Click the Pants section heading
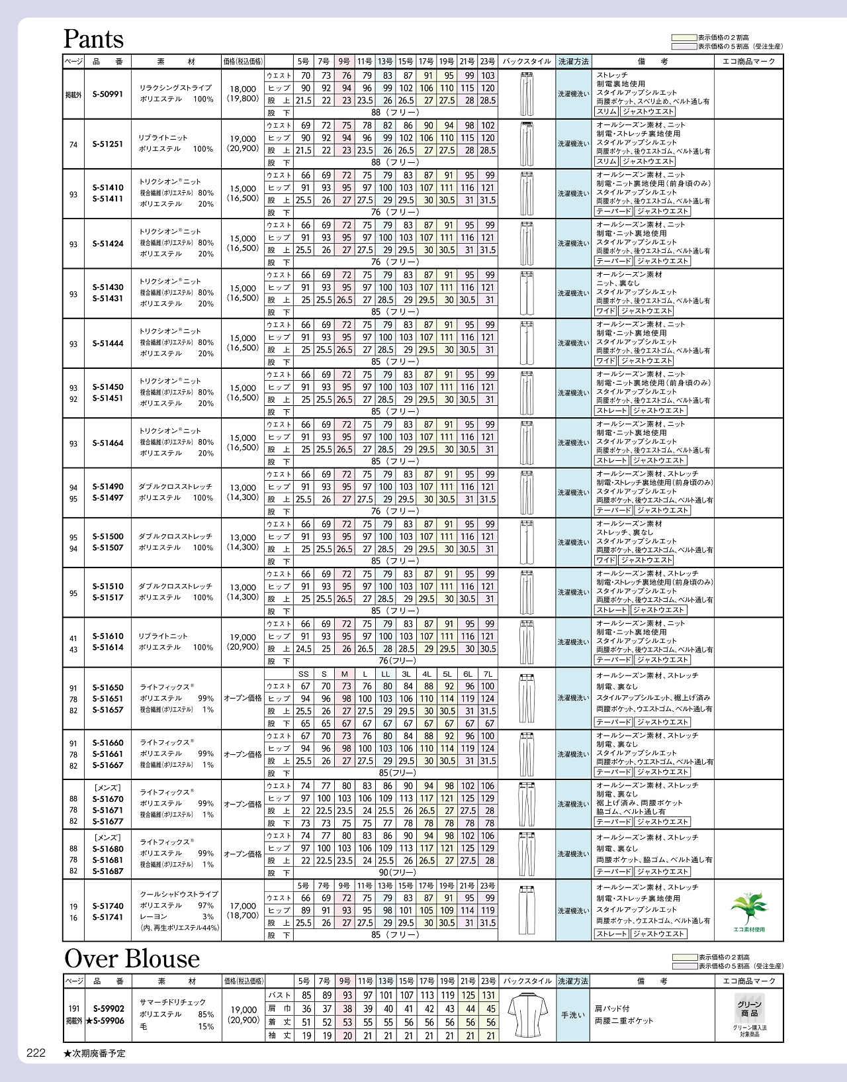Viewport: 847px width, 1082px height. click(x=93, y=39)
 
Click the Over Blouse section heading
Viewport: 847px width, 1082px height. click(x=132, y=958)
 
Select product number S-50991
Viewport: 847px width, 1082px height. click(x=108, y=94)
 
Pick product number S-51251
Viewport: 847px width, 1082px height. click(x=108, y=144)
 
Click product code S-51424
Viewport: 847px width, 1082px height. click(x=108, y=244)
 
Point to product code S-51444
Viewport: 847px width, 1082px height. click(x=108, y=344)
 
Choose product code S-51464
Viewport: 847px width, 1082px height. click(x=108, y=443)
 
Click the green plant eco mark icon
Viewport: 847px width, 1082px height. click(x=748, y=908)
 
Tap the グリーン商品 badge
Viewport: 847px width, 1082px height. click(x=749, y=1009)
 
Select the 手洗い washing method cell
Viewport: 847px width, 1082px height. click(x=573, y=1015)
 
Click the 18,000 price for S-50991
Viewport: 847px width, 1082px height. click(x=243, y=89)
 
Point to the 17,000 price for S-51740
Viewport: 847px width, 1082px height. click(x=243, y=906)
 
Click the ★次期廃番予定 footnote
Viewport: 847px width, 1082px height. click(x=95, y=1053)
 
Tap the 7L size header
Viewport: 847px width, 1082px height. click(x=488, y=674)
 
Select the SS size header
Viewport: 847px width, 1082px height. click(x=304, y=674)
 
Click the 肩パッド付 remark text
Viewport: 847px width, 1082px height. click(x=612, y=1008)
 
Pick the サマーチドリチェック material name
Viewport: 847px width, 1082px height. click(x=173, y=1003)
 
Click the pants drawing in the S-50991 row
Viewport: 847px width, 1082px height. click(x=527, y=94)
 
